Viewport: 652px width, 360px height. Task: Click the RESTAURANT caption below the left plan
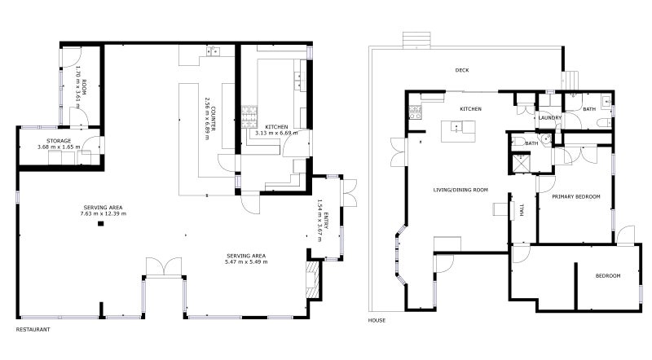(x=33, y=330)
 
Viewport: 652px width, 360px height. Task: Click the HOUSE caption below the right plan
(x=377, y=320)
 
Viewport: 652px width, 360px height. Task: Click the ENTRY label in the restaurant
(x=324, y=221)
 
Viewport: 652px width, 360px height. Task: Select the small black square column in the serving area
(x=101, y=223)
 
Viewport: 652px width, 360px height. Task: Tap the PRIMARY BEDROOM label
(x=575, y=196)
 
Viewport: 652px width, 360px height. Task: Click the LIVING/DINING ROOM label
(x=460, y=190)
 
